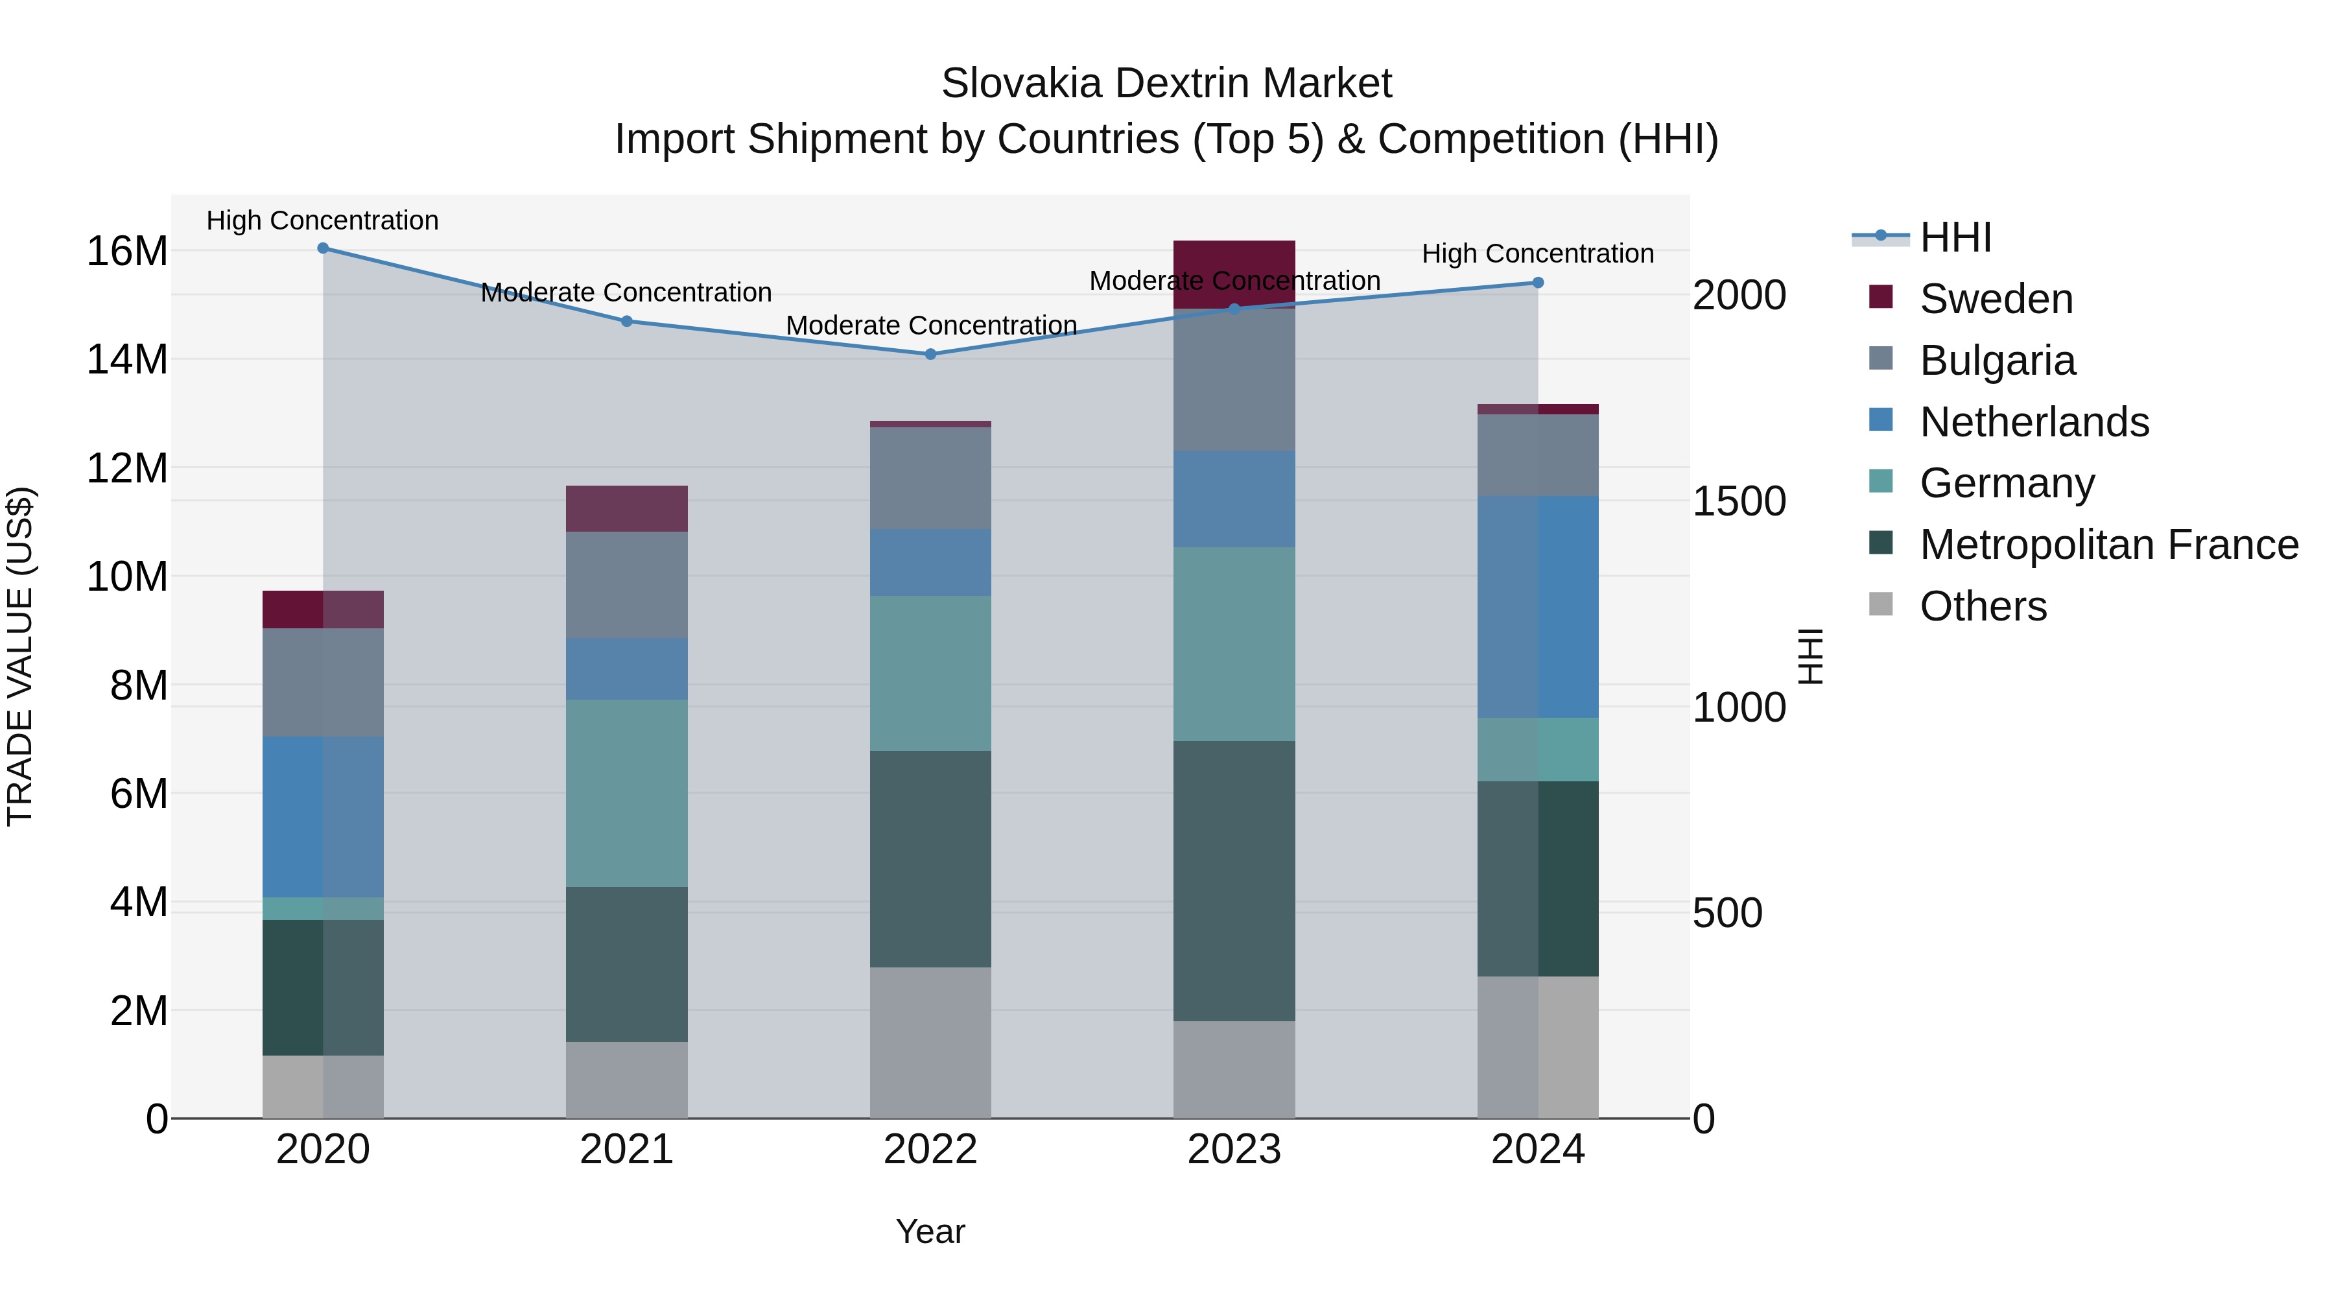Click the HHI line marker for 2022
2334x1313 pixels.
(x=930, y=354)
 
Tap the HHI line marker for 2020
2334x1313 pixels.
(x=323, y=248)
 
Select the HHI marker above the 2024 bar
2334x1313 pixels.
(x=1538, y=283)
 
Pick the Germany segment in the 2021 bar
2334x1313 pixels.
(x=626, y=793)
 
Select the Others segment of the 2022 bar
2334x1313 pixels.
(x=930, y=1042)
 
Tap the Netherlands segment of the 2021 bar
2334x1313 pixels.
(x=626, y=668)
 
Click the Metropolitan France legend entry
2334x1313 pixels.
(x=2108, y=545)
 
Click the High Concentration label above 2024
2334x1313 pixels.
(x=1538, y=254)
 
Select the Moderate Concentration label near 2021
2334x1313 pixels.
(x=626, y=292)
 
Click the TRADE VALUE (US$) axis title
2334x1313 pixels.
(x=20, y=656)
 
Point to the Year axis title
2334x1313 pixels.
(x=930, y=1231)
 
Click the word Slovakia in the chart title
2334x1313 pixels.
(x=1021, y=84)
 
